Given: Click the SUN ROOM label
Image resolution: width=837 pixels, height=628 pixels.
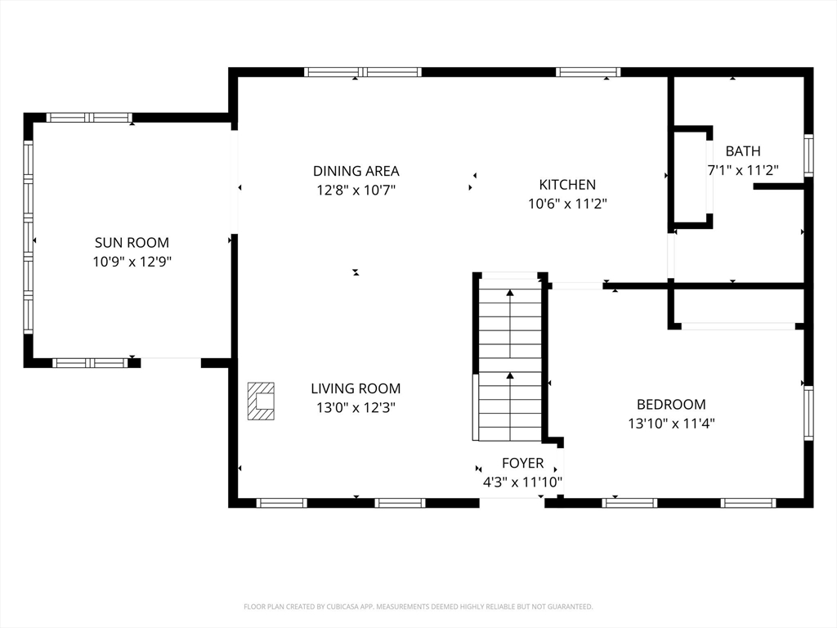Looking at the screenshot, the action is click(x=132, y=242).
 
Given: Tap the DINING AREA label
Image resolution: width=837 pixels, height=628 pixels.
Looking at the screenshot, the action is click(x=356, y=171).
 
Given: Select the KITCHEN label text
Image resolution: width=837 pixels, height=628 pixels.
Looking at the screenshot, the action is click(x=567, y=185).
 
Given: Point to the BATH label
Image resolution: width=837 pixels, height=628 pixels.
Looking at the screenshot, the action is click(x=743, y=151).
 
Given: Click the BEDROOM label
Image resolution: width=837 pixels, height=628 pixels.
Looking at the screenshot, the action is click(x=672, y=404).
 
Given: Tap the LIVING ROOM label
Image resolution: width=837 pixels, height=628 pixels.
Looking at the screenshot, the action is click(x=356, y=388).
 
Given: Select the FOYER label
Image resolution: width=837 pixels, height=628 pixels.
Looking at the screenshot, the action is click(x=522, y=463).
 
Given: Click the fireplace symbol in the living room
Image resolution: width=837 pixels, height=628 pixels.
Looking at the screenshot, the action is click(x=261, y=401).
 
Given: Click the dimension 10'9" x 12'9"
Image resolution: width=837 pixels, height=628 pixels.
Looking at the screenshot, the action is click(x=132, y=262).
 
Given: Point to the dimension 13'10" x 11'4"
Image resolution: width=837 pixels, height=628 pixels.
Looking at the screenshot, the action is click(x=672, y=424).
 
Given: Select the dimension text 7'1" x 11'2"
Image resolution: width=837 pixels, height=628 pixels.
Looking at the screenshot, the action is click(x=743, y=170).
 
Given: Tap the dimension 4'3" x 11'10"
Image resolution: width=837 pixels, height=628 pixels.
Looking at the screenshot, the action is click(x=522, y=482).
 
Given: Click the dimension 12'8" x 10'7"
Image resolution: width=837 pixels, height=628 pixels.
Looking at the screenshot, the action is click(x=356, y=190).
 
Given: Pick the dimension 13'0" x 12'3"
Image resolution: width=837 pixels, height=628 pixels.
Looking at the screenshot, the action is click(x=356, y=407).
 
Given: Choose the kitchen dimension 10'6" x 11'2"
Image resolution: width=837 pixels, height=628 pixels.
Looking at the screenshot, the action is click(x=567, y=204).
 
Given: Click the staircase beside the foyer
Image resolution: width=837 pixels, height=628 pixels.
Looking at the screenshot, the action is click(x=510, y=357).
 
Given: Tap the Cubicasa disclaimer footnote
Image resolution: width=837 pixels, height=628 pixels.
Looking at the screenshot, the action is click(x=418, y=607).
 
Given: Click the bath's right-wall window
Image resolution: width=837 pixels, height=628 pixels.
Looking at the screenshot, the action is click(x=808, y=155).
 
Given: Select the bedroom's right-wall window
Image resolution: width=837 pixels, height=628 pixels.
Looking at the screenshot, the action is click(x=808, y=413).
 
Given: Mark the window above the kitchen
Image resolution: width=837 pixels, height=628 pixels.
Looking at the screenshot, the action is click(x=588, y=72).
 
